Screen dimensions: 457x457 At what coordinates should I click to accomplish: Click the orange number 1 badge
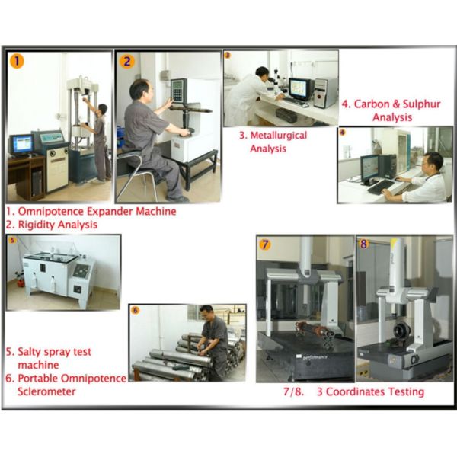17,61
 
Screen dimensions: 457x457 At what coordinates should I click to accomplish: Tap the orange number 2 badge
127,62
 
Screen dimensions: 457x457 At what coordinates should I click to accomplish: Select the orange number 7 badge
264,244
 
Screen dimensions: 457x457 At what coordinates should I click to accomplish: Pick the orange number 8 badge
363,244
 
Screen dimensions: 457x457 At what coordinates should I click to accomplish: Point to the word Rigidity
37,225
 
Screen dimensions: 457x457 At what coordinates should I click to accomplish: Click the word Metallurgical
279,136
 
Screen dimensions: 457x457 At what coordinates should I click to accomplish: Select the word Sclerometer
46,391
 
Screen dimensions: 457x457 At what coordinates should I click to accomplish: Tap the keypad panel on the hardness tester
178,91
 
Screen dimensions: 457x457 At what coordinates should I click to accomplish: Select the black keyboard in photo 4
381,187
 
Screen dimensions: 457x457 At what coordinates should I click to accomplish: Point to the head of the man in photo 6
206,312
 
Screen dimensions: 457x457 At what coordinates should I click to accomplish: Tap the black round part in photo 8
401,331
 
